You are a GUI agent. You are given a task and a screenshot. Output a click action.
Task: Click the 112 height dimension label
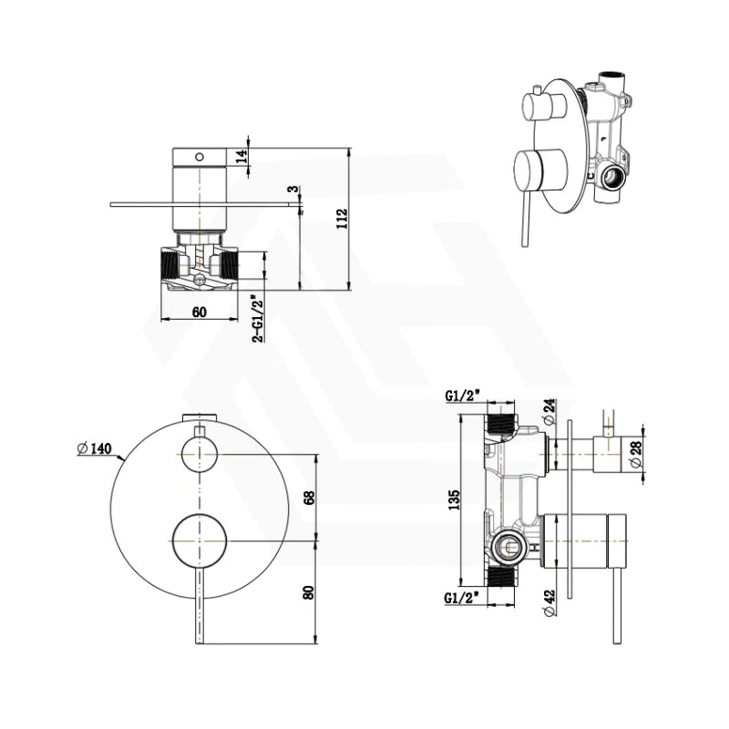click(x=342, y=220)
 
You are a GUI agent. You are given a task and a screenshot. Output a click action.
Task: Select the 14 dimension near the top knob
click(x=241, y=156)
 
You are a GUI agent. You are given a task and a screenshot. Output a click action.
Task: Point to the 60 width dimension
click(x=200, y=312)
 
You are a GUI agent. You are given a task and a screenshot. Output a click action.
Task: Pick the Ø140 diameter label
click(x=94, y=447)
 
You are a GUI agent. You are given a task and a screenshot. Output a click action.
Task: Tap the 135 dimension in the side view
click(x=455, y=498)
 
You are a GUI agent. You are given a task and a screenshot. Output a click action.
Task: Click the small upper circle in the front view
click(x=200, y=453)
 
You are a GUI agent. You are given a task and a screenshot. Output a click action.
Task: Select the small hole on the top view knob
click(x=200, y=156)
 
